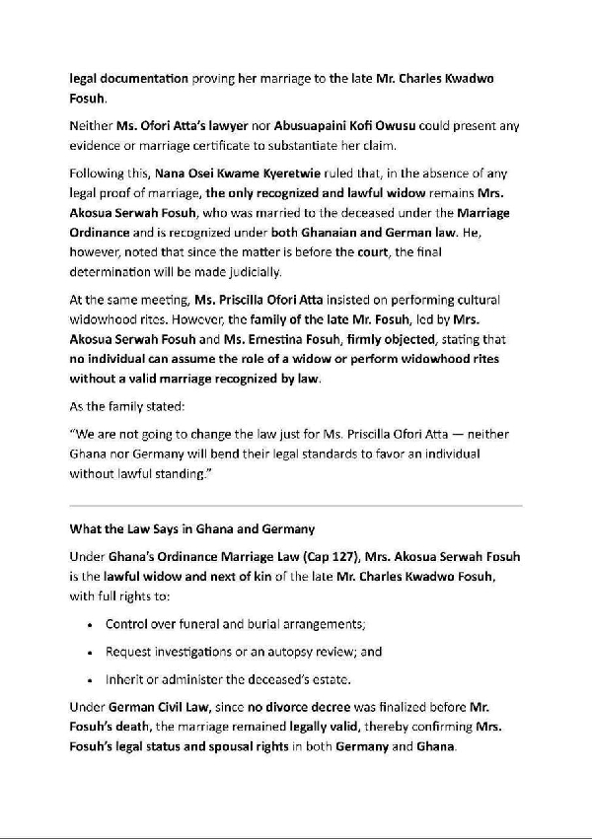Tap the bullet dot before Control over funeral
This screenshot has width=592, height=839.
pyautogui.click(x=91, y=625)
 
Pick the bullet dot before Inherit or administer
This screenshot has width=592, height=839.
pyautogui.click(x=91, y=679)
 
